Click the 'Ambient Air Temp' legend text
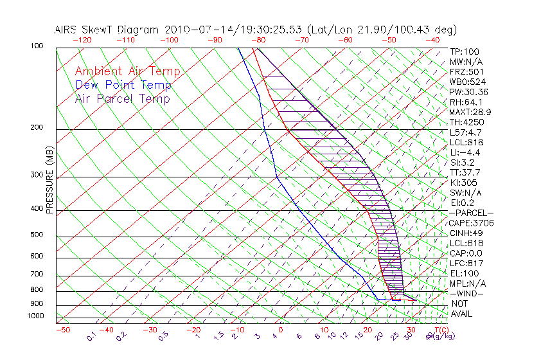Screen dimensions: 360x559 pyautogui.click(x=127, y=71)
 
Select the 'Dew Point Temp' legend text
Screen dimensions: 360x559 pyautogui.click(x=123, y=85)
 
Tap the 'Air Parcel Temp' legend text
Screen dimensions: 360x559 pyautogui.click(x=123, y=98)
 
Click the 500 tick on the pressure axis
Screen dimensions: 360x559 pyautogui.click(x=37, y=235)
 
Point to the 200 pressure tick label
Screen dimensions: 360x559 pyautogui.click(x=37, y=128)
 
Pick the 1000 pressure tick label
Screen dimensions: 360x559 pyautogui.click(x=35, y=316)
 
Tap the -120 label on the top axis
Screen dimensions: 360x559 pyautogui.click(x=82, y=40)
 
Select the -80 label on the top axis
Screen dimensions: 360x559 pyautogui.click(x=258, y=40)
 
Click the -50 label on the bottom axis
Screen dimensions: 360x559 pyautogui.click(x=62, y=330)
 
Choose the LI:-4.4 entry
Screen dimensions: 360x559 pyautogui.click(x=465, y=152)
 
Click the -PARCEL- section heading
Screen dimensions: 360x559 pyautogui.click(x=471, y=213)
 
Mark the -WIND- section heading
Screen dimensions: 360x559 pyautogui.click(x=467, y=293)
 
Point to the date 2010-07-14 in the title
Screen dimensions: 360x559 pyautogui.click(x=193, y=30)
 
